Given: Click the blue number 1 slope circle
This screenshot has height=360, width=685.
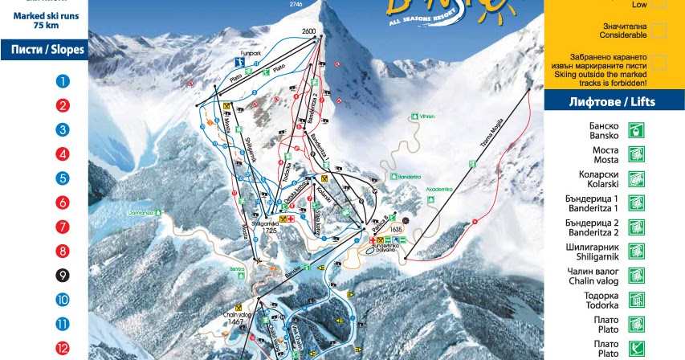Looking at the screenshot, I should (x=63, y=80).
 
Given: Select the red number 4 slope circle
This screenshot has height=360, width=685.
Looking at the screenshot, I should (x=63, y=153).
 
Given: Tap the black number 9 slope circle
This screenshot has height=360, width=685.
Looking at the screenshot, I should (x=63, y=276).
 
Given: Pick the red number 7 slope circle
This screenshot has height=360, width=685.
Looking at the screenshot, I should (x=63, y=227).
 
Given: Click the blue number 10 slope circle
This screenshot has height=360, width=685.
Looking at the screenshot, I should (x=63, y=301).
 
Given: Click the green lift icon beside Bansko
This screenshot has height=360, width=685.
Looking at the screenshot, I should (x=636, y=130).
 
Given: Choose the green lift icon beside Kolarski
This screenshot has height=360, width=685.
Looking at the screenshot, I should (x=636, y=178).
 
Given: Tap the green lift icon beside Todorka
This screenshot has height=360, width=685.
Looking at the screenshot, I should (x=636, y=300).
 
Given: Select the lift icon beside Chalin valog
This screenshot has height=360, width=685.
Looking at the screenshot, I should (x=636, y=276).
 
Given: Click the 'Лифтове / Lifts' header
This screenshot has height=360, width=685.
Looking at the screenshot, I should (x=614, y=101).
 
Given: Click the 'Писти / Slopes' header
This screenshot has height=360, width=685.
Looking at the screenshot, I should (x=47, y=50).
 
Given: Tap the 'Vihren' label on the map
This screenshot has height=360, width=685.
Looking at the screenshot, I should (x=426, y=117).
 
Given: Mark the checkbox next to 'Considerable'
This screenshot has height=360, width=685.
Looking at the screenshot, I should (x=658, y=31).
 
